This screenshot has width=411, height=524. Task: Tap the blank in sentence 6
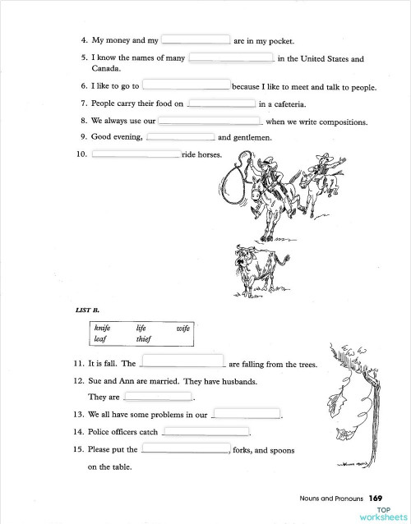(x=187, y=85)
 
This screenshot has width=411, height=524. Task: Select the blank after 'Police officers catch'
(x=206, y=431)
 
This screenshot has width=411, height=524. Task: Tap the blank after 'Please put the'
(x=186, y=449)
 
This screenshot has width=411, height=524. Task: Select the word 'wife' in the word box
(x=182, y=328)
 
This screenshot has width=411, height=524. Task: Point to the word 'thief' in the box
(x=145, y=338)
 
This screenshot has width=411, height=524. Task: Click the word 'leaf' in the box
(x=100, y=338)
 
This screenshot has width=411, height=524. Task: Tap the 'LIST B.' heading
(x=87, y=310)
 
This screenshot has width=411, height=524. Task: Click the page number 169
(x=376, y=498)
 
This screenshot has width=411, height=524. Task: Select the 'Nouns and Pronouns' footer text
(x=332, y=498)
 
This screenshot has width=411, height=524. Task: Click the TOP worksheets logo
(x=383, y=513)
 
